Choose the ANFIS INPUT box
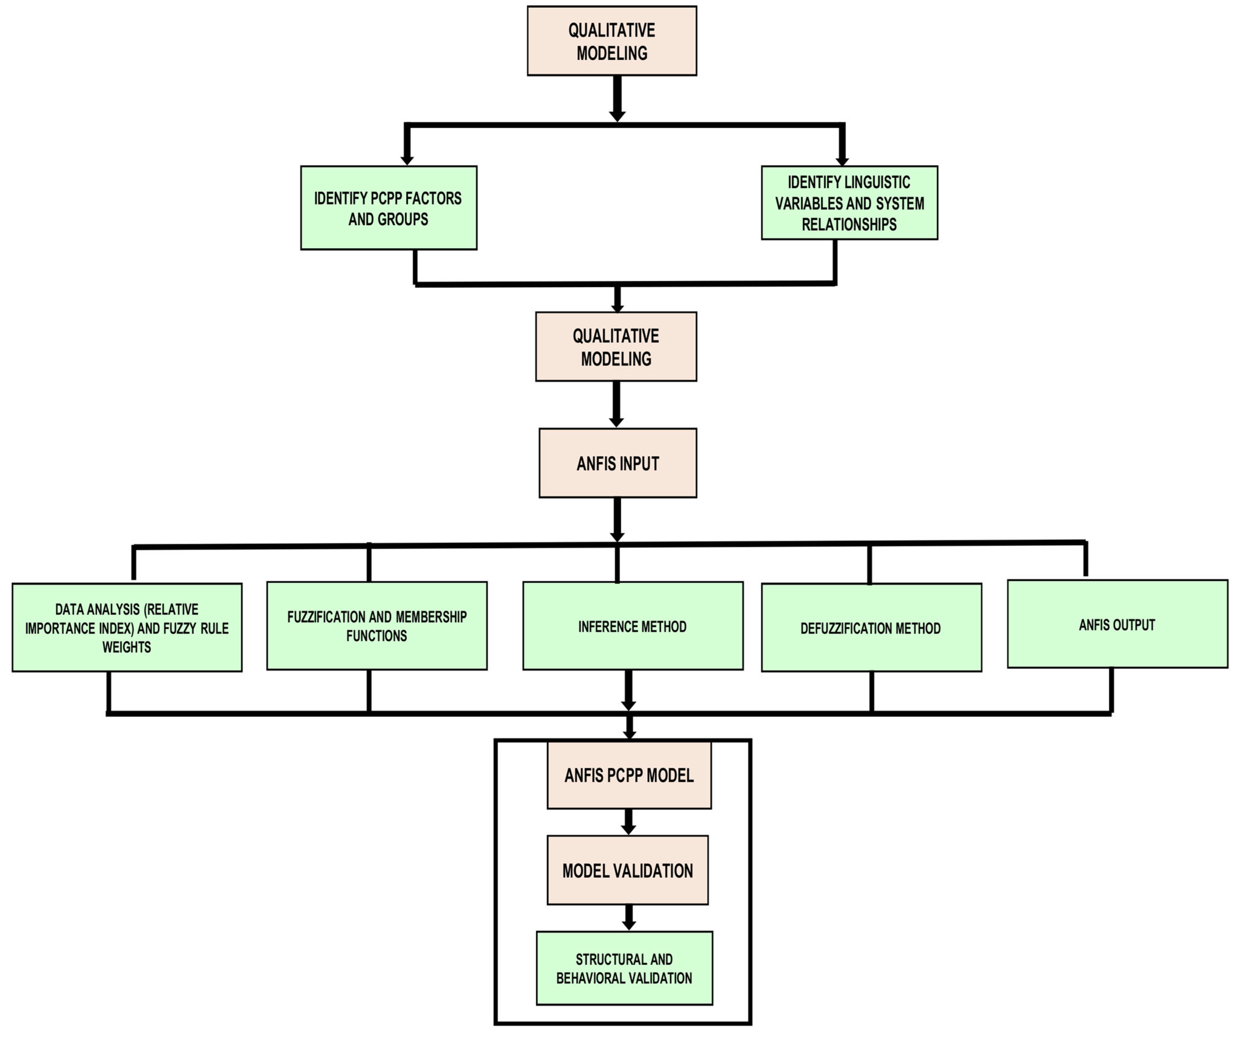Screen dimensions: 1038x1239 pyautogui.click(x=618, y=463)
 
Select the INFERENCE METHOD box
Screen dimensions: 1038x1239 pyautogui.click(x=632, y=626)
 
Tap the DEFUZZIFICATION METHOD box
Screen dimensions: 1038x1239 pyautogui.click(x=871, y=628)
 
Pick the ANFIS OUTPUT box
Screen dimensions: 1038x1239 pyautogui.click(x=1117, y=624)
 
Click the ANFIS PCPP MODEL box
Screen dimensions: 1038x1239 pyautogui.click(x=629, y=775)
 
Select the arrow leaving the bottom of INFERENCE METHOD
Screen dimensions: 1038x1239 pyautogui.click(x=629, y=690)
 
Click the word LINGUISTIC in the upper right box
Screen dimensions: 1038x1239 pyautogui.click(x=877, y=182)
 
